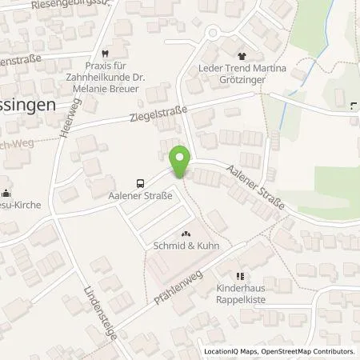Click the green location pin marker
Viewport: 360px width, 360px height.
point(181,161)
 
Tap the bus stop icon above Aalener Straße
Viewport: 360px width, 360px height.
point(141,181)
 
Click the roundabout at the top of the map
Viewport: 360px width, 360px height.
point(214,34)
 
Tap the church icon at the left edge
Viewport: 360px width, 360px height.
point(6,192)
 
